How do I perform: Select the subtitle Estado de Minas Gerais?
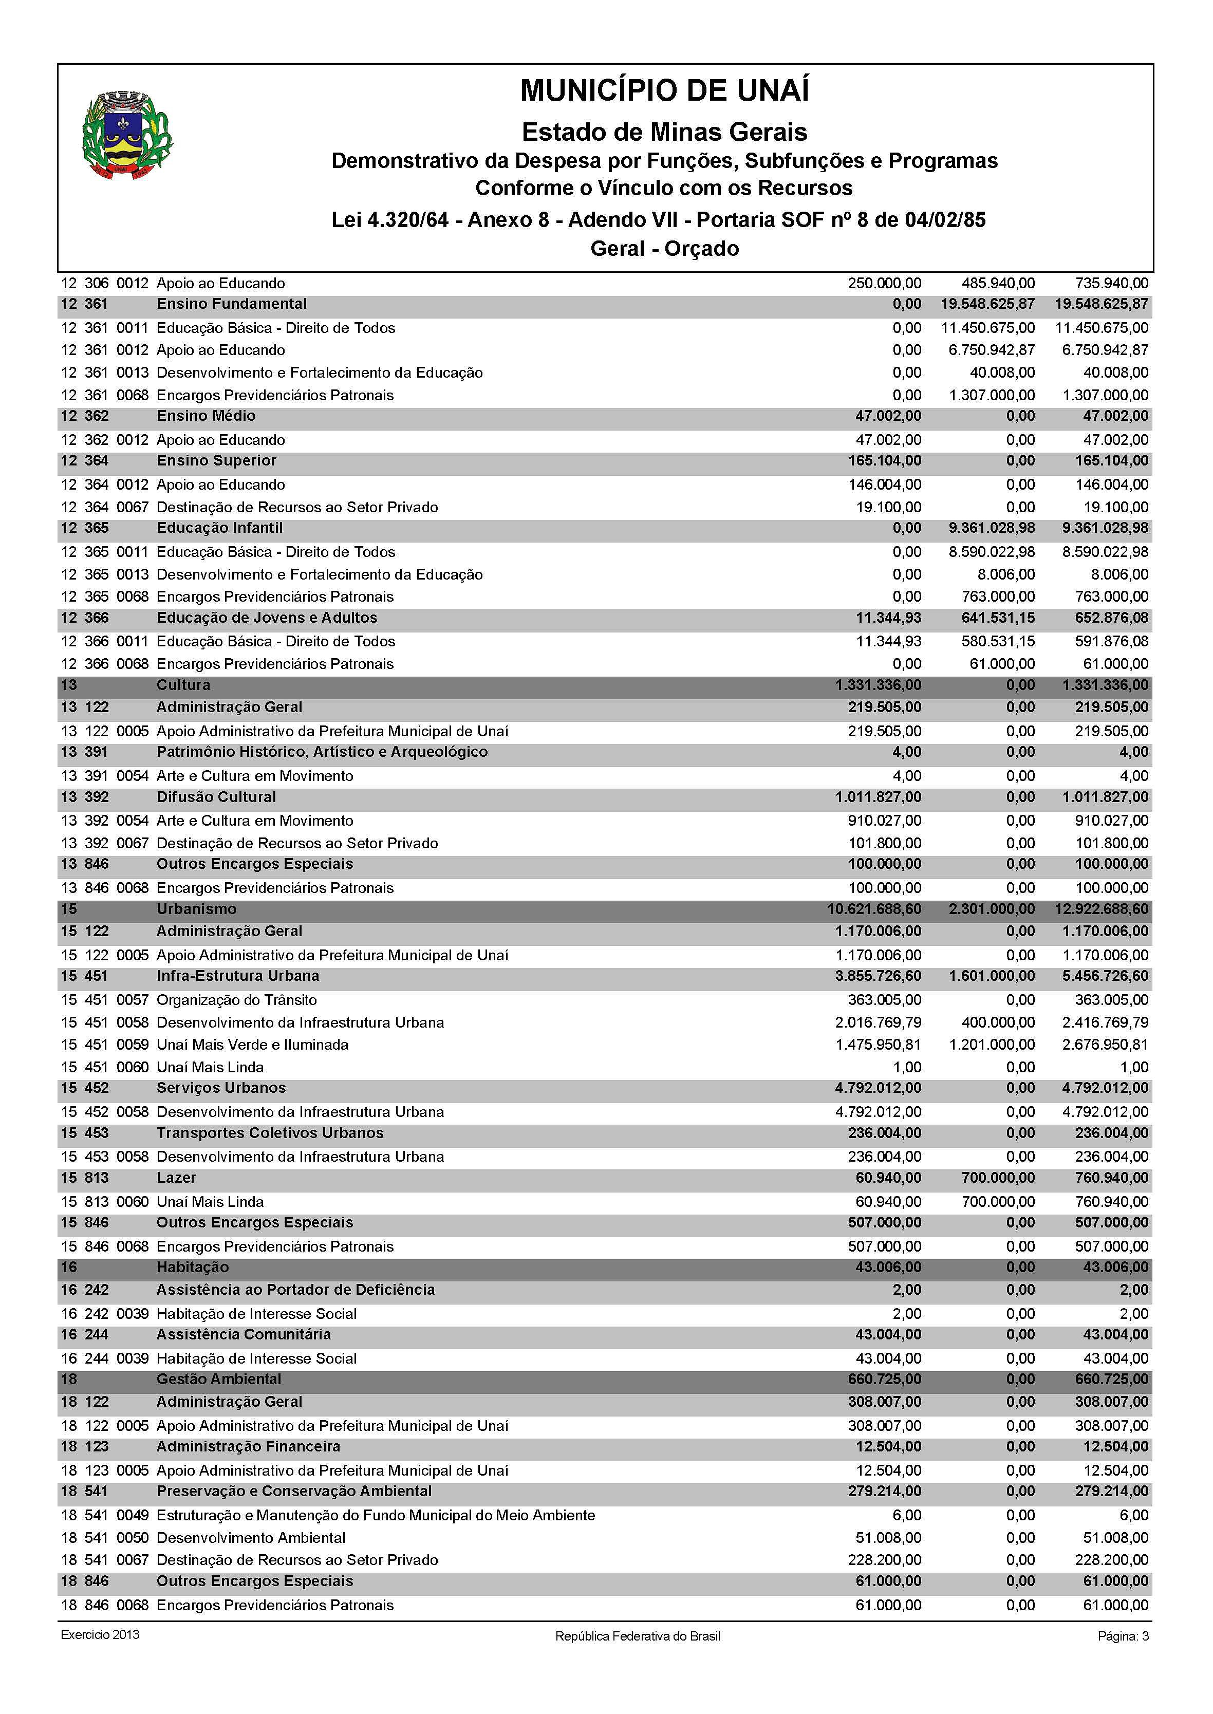click(664, 132)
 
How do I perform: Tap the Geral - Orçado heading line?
click(664, 249)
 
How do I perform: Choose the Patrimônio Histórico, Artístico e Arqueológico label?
click(322, 752)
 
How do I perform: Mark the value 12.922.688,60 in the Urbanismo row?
click(1105, 909)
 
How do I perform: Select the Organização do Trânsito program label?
click(237, 1000)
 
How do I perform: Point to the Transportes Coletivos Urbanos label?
click(270, 1133)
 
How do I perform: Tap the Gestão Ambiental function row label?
click(219, 1380)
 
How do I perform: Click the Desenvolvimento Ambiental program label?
click(251, 1538)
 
